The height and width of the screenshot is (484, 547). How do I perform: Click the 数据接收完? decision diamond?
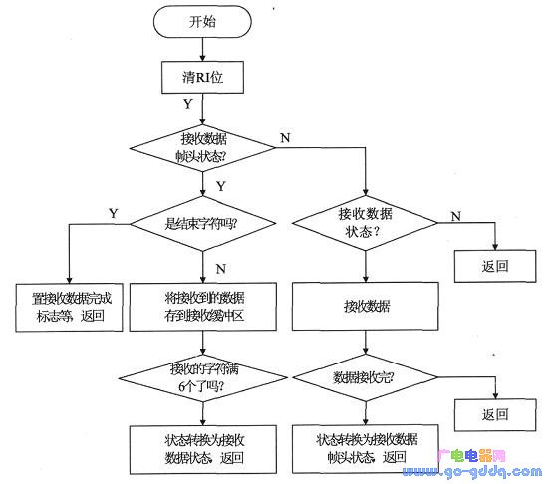point(366,378)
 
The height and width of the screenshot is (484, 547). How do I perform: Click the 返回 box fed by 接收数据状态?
point(494,266)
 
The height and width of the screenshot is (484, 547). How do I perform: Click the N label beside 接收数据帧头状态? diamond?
point(285,137)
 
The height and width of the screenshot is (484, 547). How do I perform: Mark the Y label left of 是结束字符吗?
point(113,213)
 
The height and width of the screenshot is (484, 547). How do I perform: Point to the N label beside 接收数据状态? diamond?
point(455,215)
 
